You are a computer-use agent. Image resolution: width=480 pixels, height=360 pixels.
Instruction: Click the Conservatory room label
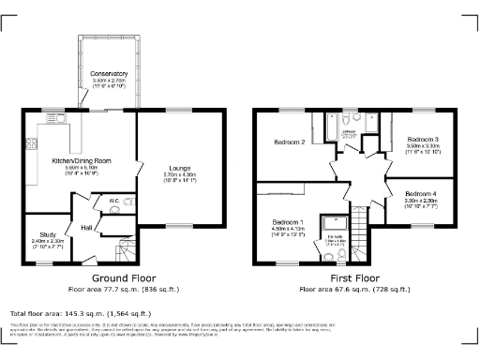click(96, 73)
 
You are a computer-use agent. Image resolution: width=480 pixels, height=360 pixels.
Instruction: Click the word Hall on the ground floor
click(85, 228)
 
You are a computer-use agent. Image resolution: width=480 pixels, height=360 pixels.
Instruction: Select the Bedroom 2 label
click(290, 142)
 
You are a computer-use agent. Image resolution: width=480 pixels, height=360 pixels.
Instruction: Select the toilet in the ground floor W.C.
click(114, 212)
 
